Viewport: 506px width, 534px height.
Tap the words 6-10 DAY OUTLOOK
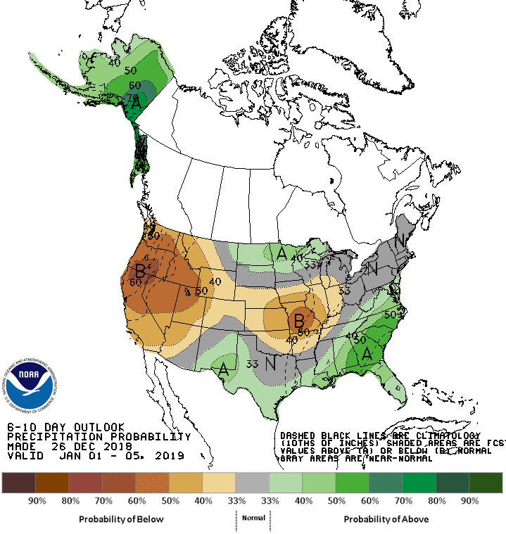pos(65,427)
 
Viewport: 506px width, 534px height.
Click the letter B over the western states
pos(140,269)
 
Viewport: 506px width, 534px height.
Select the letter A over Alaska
pos(137,103)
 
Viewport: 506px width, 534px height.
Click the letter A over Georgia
pos(366,355)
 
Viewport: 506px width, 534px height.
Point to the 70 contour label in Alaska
pos(132,96)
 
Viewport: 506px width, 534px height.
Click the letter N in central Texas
pos(269,365)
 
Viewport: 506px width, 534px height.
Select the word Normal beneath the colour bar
pos(253,518)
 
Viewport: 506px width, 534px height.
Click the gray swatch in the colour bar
pos(253,483)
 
